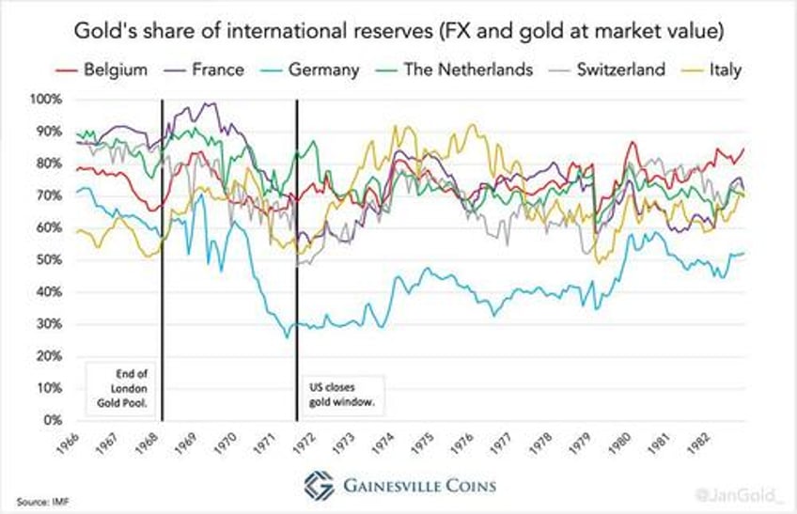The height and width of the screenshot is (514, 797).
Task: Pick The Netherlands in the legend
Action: tap(461, 69)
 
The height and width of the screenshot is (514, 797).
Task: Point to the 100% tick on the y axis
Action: tap(47, 100)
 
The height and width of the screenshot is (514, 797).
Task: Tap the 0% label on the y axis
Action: tap(53, 420)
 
